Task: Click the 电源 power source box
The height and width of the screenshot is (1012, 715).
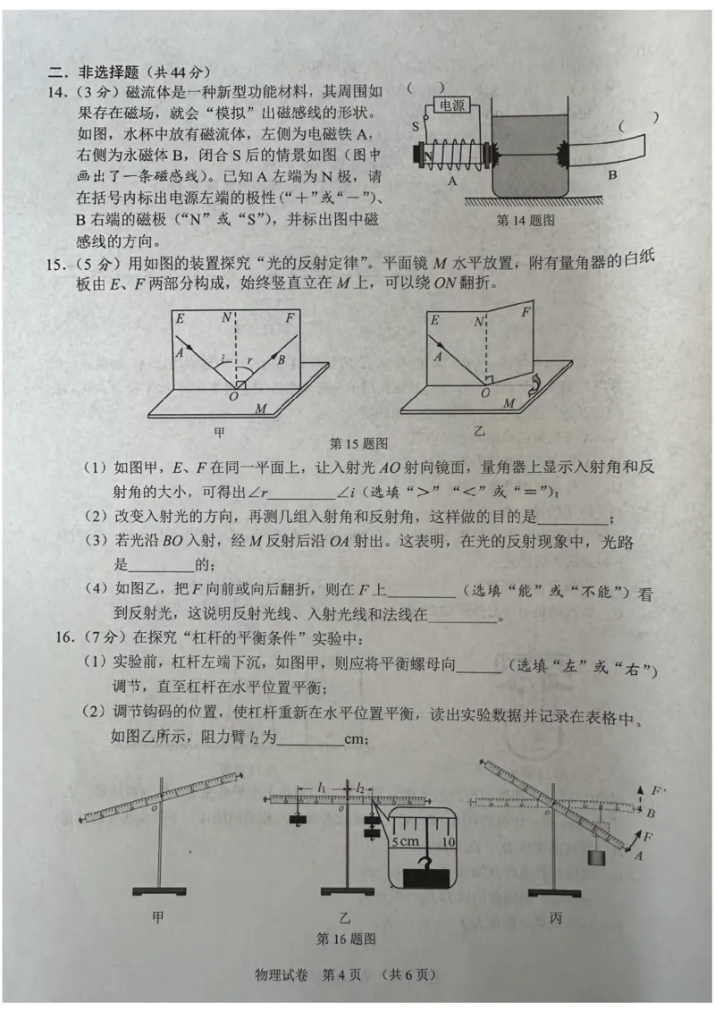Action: [451, 105]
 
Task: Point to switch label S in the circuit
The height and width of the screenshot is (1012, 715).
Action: [416, 127]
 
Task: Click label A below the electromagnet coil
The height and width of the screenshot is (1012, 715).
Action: [451, 181]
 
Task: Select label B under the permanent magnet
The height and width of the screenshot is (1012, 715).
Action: [612, 174]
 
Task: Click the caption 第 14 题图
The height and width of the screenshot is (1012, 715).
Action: [526, 220]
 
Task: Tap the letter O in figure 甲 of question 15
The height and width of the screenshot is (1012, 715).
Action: [233, 396]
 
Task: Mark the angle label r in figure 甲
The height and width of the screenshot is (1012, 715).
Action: [250, 361]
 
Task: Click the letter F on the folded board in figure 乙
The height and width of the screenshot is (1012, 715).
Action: [526, 312]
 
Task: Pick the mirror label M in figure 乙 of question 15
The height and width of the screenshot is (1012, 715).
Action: [509, 403]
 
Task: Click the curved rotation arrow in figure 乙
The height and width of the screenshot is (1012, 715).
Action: [534, 385]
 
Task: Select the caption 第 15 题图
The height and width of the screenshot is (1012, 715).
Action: [358, 443]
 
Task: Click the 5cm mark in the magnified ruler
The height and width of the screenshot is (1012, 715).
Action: [405, 841]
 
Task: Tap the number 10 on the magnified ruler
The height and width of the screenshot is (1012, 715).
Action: [449, 841]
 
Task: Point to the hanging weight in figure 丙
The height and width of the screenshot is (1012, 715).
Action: [595, 858]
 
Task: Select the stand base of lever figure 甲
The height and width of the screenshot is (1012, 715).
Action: [159, 891]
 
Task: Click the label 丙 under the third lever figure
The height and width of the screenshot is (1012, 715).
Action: [556, 918]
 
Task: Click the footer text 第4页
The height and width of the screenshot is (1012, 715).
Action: [341, 974]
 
